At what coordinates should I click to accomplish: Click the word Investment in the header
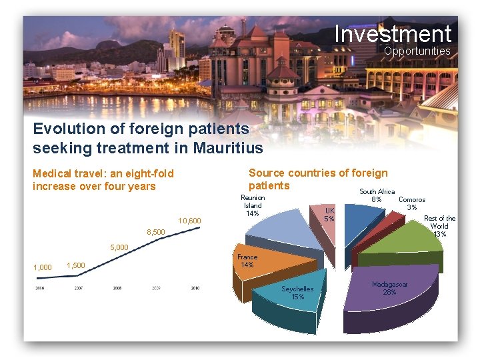click(x=393, y=33)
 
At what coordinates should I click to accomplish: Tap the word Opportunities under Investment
click(x=417, y=51)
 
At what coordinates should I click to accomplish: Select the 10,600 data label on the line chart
click(x=189, y=221)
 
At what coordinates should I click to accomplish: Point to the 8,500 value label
click(x=155, y=232)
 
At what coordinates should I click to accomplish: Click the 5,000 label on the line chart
click(x=119, y=248)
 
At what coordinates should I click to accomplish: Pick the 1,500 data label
click(x=76, y=265)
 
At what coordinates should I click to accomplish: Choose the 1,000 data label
click(x=42, y=267)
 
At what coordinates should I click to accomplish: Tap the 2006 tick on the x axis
click(x=40, y=289)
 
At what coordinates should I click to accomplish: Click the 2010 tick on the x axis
click(x=195, y=289)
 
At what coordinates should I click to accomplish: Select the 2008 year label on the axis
click(x=117, y=289)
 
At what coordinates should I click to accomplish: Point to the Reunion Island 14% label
click(x=253, y=205)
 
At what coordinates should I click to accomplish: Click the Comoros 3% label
click(x=412, y=203)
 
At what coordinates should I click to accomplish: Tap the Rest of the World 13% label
click(x=439, y=226)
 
